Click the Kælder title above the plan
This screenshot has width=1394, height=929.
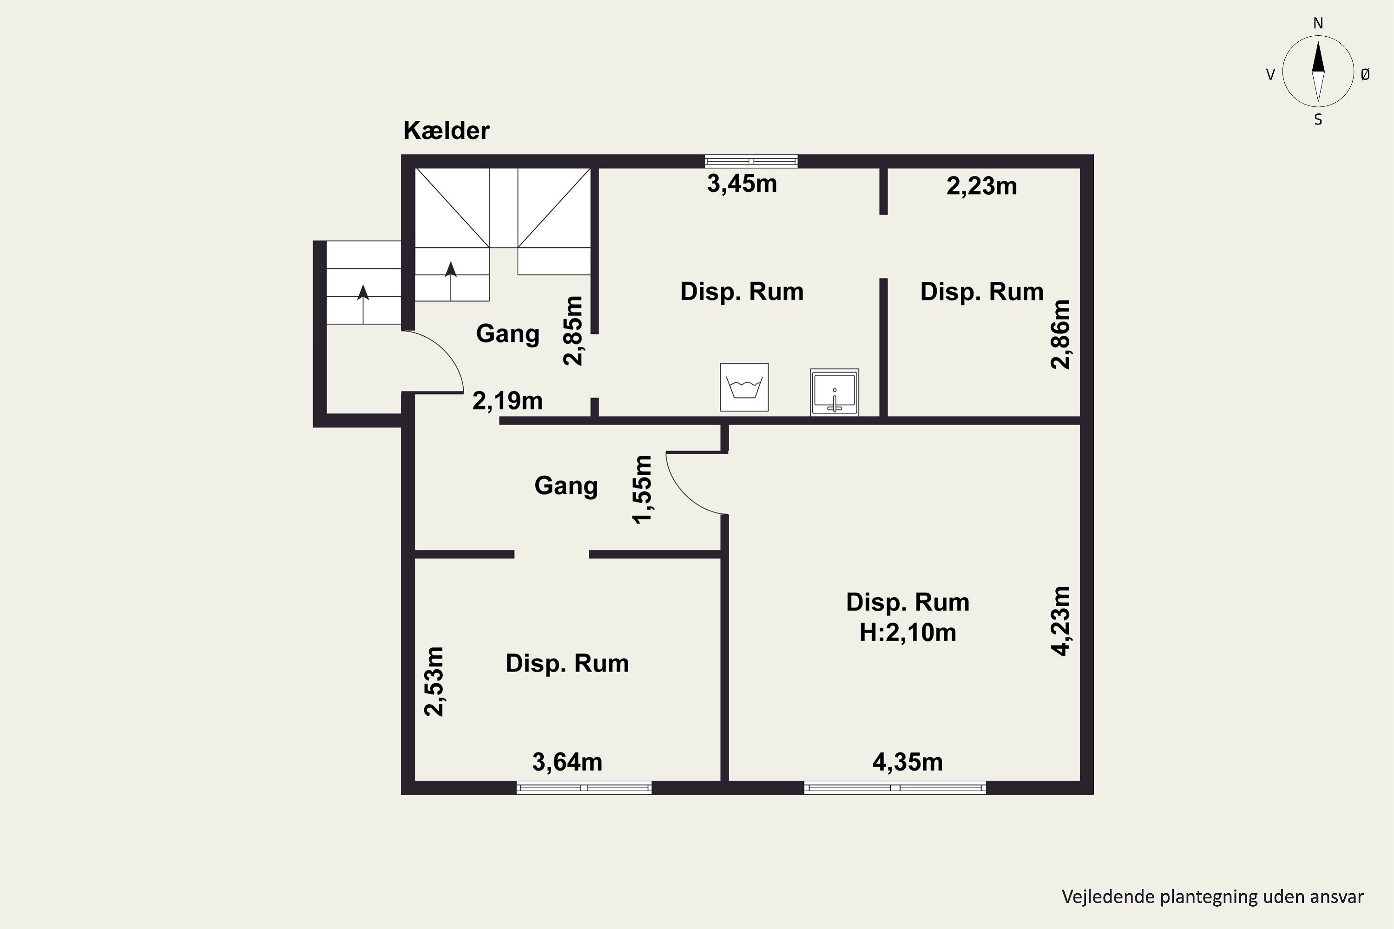pyautogui.click(x=446, y=131)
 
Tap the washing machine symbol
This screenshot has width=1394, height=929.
pyautogui.click(x=744, y=387)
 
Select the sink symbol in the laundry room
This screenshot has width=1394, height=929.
pyautogui.click(x=835, y=392)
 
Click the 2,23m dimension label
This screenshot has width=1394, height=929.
pyautogui.click(x=981, y=187)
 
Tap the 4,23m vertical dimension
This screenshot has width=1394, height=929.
pyautogui.click(x=1060, y=621)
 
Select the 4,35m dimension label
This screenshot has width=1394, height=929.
pyautogui.click(x=907, y=762)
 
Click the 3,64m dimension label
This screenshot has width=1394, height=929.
pyautogui.click(x=567, y=762)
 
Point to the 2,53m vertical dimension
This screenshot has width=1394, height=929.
pyautogui.click(x=434, y=681)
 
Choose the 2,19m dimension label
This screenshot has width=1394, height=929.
pyautogui.click(x=507, y=401)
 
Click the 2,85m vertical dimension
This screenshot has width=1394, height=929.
pyautogui.click(x=573, y=331)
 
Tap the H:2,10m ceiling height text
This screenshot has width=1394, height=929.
pyautogui.click(x=908, y=633)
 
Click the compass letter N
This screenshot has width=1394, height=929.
pyautogui.click(x=1318, y=24)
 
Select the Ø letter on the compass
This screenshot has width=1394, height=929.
pyautogui.click(x=1365, y=74)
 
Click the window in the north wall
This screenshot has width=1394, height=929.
pyautogui.click(x=751, y=161)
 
